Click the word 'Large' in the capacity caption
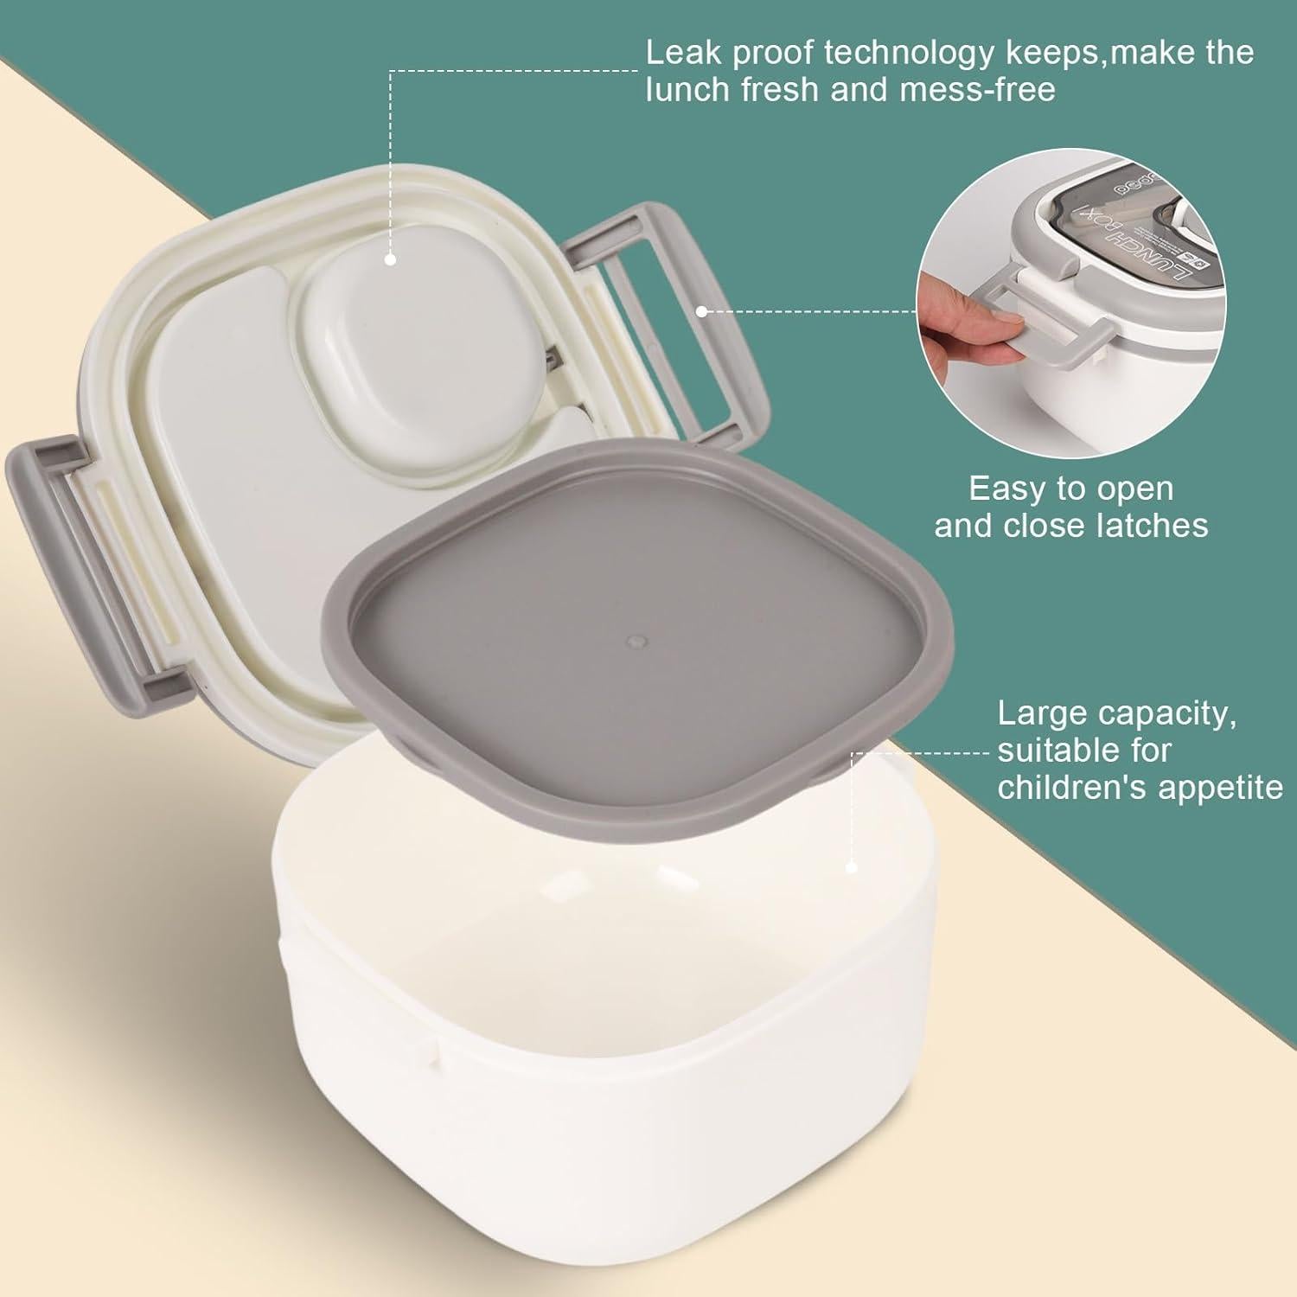(x=1038, y=714)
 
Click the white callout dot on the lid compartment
(x=390, y=258)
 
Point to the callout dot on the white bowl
(x=851, y=866)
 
